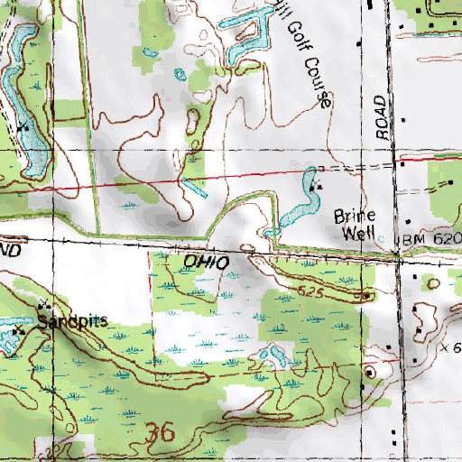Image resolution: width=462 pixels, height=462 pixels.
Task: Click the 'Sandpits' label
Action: tap(71, 320)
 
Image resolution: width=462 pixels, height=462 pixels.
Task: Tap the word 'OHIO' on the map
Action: tap(203, 261)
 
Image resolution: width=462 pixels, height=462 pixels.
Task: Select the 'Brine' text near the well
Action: tap(353, 217)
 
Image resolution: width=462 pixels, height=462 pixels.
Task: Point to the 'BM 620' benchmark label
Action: tap(430, 237)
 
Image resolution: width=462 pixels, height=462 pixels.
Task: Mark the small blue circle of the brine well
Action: tap(381, 239)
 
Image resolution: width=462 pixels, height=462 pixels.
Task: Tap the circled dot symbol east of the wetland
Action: tap(369, 372)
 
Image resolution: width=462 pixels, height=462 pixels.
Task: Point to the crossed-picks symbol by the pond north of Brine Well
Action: tap(316, 186)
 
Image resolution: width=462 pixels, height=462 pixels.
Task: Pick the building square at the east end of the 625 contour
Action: tap(366, 294)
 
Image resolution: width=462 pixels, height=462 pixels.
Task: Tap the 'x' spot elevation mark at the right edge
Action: tap(446, 346)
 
